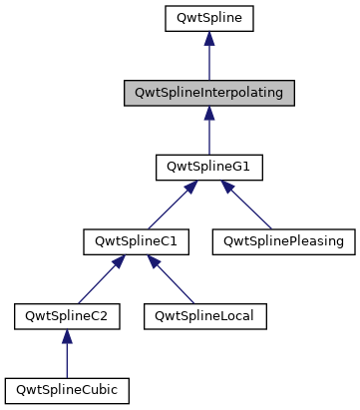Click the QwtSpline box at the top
[208, 18]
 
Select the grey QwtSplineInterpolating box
[208, 93]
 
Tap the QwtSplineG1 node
[208, 168]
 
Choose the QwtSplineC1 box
[123, 241]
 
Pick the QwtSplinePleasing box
[283, 241]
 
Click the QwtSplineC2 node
[67, 316]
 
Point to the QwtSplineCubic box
[67, 390]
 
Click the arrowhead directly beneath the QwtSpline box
[208, 40]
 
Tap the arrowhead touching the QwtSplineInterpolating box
[208, 115]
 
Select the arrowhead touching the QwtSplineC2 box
[67, 338]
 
